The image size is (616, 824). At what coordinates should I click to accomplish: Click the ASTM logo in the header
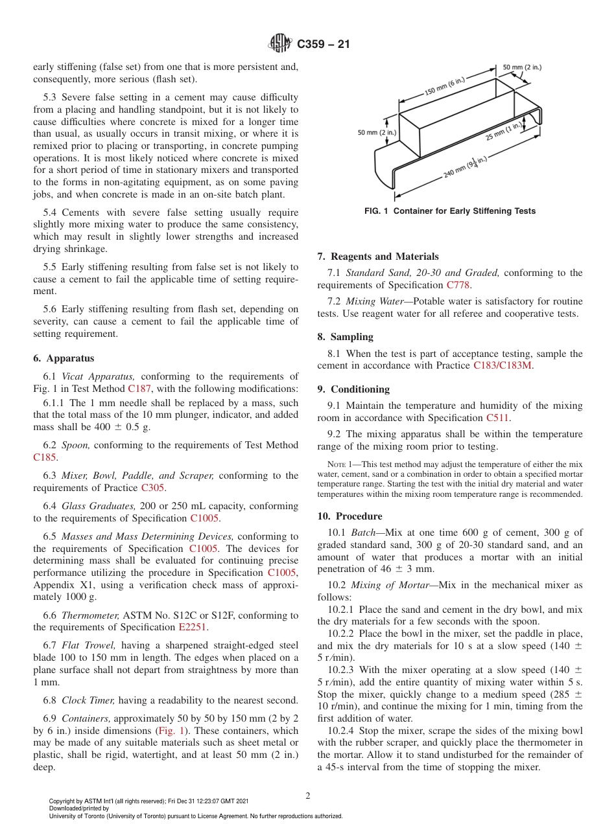pos(281,45)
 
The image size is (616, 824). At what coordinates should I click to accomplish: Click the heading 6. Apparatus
pos(64,358)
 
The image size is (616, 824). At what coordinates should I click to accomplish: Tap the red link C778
pos(458,285)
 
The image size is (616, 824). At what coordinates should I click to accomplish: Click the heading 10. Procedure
pos(349,516)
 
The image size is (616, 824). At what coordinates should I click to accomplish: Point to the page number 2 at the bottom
pos(308,796)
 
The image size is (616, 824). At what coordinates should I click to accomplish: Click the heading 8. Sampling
pos(345,337)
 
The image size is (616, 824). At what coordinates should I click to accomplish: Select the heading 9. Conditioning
pos(353,389)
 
